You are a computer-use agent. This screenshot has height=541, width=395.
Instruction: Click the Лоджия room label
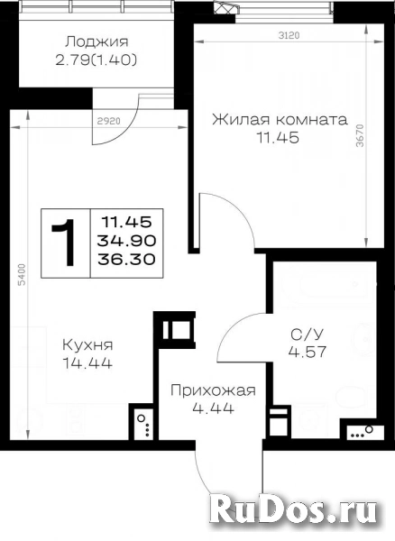pyautogui.click(x=96, y=42)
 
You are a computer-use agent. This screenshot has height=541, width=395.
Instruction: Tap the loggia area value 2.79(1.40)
pyautogui.click(x=96, y=60)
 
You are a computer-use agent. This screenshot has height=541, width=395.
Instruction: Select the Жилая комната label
pyautogui.click(x=280, y=120)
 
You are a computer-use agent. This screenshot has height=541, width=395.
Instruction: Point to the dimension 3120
pyautogui.click(x=289, y=35)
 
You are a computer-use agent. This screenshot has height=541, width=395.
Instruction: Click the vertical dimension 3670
pyautogui.click(x=360, y=135)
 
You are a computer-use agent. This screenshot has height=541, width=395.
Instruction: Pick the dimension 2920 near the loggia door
pyautogui.click(x=109, y=121)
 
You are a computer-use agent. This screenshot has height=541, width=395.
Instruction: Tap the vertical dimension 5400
pyautogui.click(x=22, y=275)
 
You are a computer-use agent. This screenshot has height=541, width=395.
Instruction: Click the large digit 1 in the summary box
pyautogui.click(x=65, y=243)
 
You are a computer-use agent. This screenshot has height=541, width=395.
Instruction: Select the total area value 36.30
pyautogui.click(x=126, y=259)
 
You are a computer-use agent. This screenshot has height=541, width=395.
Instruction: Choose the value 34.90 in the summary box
pyautogui.click(x=126, y=241)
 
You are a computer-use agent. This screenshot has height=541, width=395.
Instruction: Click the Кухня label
pyautogui.click(x=87, y=344)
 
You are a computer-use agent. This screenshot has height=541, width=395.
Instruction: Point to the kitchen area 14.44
pyautogui.click(x=87, y=363)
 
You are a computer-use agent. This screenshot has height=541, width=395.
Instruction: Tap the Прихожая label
pyautogui.click(x=213, y=390)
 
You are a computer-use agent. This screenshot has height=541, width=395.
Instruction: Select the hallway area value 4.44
pyautogui.click(x=214, y=408)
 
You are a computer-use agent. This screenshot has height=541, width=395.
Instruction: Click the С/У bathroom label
pyautogui.click(x=307, y=335)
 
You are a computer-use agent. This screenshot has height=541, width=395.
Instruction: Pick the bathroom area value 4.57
pyautogui.click(x=308, y=353)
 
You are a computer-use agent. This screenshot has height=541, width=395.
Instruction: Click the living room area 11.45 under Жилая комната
pyautogui.click(x=278, y=138)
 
